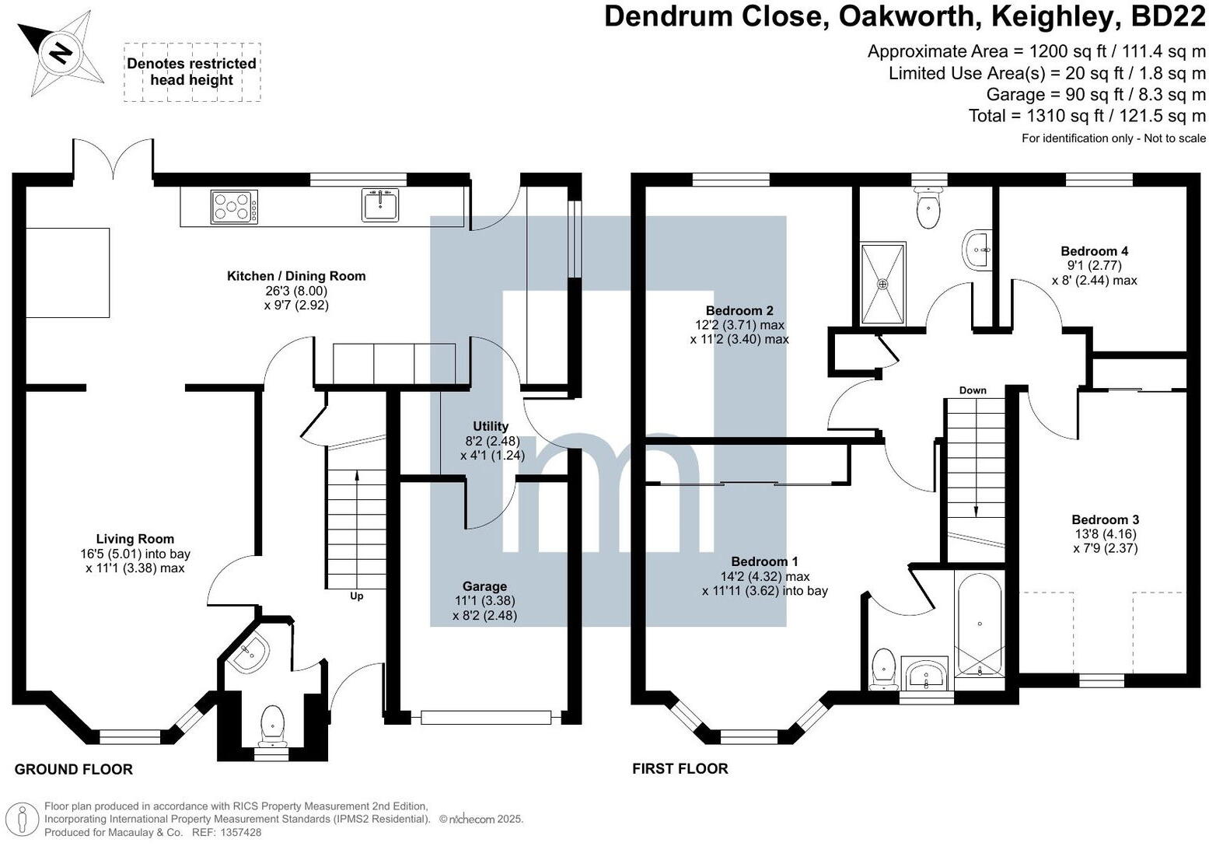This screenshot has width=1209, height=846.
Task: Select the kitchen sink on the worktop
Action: point(381,205)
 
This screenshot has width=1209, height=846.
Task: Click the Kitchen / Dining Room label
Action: point(295,276)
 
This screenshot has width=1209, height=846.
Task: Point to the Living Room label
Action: point(135,539)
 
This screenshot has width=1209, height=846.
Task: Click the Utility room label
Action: point(491,426)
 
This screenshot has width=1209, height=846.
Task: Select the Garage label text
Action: point(484,586)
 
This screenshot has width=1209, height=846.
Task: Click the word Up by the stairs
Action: point(356,596)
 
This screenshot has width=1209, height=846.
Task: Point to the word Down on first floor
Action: point(973,390)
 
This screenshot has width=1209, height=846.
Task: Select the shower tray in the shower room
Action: point(882,283)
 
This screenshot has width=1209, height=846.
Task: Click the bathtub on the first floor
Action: point(979,625)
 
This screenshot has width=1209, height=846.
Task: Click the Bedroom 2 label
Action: point(739,311)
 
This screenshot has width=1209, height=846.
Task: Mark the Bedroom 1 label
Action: point(764,561)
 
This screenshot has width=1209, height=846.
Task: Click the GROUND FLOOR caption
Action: point(74,769)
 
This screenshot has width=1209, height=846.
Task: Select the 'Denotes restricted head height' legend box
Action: point(192,72)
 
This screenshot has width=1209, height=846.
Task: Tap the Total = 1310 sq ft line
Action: point(1086,116)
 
